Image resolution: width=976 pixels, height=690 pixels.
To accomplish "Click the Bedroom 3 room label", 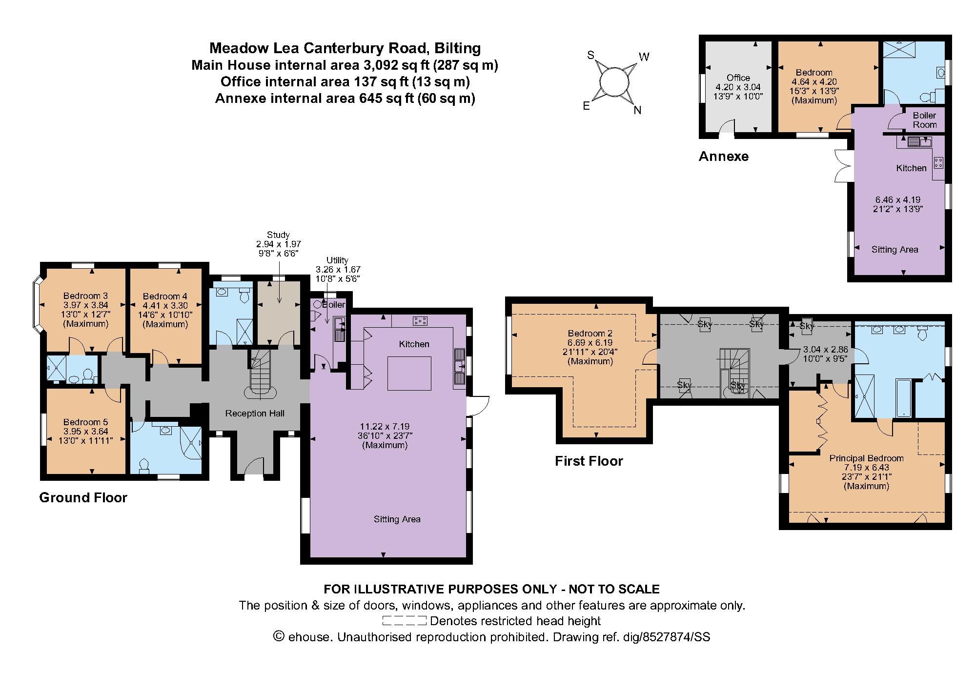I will point(85,296).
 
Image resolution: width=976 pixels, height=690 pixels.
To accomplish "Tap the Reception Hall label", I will point(255,414).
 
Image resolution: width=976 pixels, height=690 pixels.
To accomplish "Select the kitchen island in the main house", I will point(409,373).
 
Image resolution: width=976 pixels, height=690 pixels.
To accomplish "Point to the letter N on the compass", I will point(637,110).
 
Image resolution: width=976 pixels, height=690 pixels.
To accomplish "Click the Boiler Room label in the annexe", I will point(924,120).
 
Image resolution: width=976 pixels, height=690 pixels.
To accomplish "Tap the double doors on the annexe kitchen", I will point(842,165).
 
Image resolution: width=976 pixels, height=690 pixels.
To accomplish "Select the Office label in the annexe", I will point(738,78).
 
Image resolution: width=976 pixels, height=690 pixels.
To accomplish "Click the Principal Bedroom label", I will point(866,458).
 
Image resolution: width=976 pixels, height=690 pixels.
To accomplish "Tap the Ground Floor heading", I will point(83,498).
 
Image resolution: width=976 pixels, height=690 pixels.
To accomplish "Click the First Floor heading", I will point(589,461).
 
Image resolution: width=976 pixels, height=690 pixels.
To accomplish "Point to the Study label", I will point(278,235).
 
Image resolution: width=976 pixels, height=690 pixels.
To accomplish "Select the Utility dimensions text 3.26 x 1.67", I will point(338,269).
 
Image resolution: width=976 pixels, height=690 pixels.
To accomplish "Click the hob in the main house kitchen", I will point(420,320).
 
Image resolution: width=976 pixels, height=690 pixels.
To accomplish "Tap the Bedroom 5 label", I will point(85,422).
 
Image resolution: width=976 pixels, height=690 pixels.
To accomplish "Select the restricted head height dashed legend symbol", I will point(404,621).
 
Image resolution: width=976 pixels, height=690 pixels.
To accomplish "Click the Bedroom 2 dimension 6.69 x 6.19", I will point(590,343).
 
